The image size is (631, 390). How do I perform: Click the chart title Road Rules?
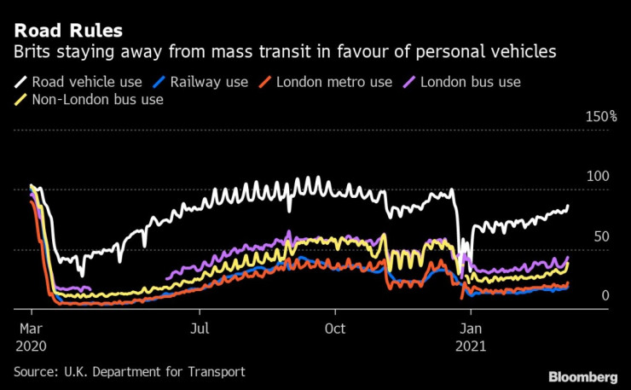[67, 31]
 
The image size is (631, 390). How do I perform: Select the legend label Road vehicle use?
[89, 82]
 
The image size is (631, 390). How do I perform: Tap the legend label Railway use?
[209, 82]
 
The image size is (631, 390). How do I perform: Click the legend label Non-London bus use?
[97, 99]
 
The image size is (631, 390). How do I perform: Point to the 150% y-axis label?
[600, 116]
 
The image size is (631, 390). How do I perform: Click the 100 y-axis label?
[600, 176]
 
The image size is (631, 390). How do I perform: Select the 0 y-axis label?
[605, 295]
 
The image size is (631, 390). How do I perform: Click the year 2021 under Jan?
[473, 346]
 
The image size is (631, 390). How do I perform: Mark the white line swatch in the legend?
[20, 83]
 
